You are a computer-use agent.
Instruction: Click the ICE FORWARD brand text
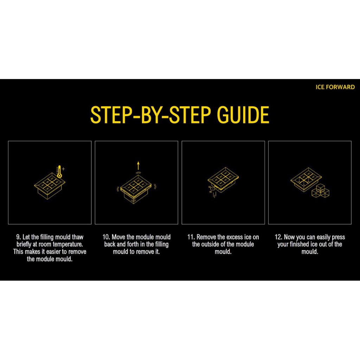[335, 87]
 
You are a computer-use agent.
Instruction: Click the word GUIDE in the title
[243, 115]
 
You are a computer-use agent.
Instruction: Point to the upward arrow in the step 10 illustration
[138, 166]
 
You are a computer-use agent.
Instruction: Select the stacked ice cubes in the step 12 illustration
[321, 191]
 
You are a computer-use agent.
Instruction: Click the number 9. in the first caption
[19, 237]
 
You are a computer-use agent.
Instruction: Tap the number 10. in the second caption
[106, 237]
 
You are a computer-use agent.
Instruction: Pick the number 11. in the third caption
[191, 237]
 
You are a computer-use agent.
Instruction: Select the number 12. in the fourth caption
[278, 237]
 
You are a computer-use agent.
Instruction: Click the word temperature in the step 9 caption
[68, 244]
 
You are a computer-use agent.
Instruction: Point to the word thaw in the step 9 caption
[78, 237]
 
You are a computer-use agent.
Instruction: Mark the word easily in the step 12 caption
[324, 237]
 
